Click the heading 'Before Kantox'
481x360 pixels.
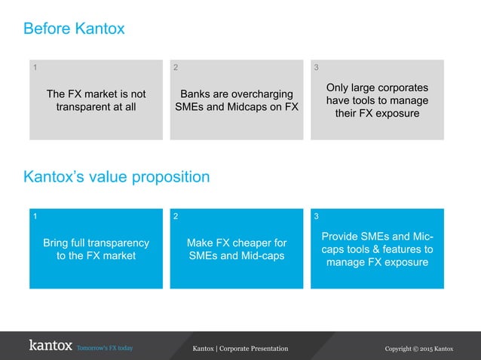pos(74,29)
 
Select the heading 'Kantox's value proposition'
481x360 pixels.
pos(116,177)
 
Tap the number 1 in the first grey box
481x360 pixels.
pos(33,68)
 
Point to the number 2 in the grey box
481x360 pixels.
pos(176,68)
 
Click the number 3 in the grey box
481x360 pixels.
pos(316,68)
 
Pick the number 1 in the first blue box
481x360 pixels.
pos(33,217)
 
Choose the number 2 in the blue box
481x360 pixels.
pos(176,217)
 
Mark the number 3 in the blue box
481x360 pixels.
pos(316,217)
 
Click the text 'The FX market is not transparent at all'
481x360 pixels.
pos(96,101)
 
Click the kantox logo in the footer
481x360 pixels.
pos(51,346)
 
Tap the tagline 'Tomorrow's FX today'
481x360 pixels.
pos(105,348)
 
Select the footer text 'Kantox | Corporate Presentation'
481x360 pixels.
pos(240,348)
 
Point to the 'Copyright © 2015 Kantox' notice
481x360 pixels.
pos(419,348)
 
